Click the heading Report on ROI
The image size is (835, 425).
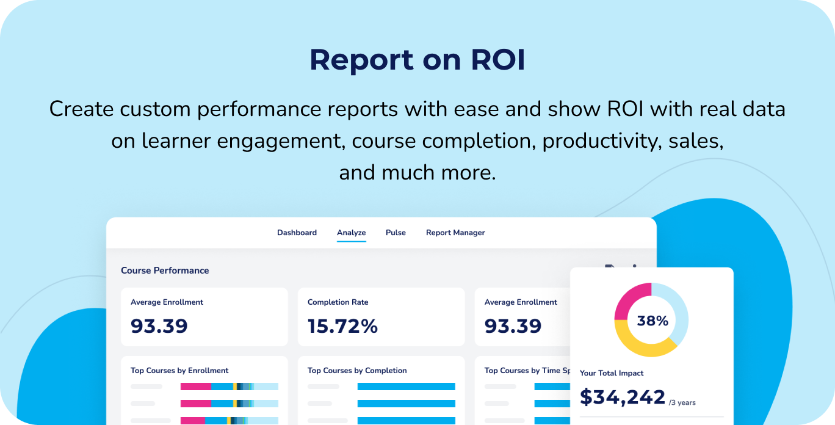(x=417, y=60)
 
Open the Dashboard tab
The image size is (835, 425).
(x=297, y=233)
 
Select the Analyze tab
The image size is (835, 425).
(x=352, y=233)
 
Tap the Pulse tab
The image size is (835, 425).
(x=396, y=233)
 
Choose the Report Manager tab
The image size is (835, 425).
(x=455, y=233)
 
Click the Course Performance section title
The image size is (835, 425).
(x=165, y=271)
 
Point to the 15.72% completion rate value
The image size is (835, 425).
(x=342, y=326)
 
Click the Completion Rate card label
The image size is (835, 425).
(x=338, y=302)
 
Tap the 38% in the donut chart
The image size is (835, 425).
(x=652, y=321)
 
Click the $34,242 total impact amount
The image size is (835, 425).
(x=622, y=397)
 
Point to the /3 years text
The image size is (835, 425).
(x=682, y=402)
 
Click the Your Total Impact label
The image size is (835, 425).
(x=612, y=373)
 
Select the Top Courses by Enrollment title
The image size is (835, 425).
(x=179, y=371)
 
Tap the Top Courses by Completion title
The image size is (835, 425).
(x=357, y=371)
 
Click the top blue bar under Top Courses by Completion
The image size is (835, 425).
(x=406, y=387)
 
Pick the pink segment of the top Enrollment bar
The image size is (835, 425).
(x=195, y=387)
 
